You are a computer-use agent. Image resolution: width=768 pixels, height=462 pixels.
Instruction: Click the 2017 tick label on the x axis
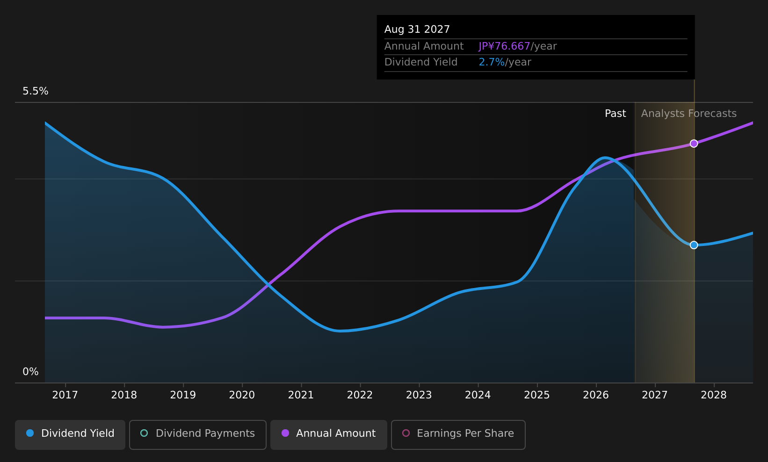pyautogui.click(x=65, y=395)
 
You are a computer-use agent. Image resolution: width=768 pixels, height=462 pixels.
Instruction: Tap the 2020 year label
pyautogui.click(x=242, y=395)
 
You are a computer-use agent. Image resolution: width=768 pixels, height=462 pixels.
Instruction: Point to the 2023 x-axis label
pyautogui.click(x=419, y=395)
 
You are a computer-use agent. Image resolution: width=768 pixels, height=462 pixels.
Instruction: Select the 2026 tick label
pyautogui.click(x=596, y=395)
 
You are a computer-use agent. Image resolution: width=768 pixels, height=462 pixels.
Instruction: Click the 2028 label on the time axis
pyautogui.click(x=714, y=395)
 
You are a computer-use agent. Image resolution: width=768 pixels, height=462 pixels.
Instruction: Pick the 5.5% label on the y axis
pyautogui.click(x=36, y=91)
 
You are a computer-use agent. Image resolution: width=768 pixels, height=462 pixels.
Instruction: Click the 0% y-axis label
pyautogui.click(x=30, y=372)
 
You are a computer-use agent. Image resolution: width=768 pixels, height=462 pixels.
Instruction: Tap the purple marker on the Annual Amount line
pyautogui.click(x=694, y=144)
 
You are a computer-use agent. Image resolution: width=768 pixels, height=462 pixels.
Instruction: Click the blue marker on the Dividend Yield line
pyautogui.click(x=694, y=245)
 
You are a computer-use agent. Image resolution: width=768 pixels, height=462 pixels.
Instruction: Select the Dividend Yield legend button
pyautogui.click(x=70, y=434)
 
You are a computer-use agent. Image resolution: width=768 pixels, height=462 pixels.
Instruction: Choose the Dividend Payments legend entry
pyautogui.click(x=198, y=434)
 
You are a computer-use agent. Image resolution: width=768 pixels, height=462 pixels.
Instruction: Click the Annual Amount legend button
pyautogui.click(x=329, y=434)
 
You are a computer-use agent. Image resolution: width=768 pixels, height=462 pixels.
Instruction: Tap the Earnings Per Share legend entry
pyautogui.click(x=458, y=434)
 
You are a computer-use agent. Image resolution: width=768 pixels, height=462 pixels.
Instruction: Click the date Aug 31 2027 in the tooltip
pyautogui.click(x=417, y=29)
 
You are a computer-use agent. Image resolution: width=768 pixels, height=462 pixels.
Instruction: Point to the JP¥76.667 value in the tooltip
pyautogui.click(x=504, y=46)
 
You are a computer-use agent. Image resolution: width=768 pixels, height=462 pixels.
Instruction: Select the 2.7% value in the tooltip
pyautogui.click(x=492, y=62)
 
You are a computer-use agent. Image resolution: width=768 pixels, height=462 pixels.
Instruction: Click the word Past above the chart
pyautogui.click(x=615, y=114)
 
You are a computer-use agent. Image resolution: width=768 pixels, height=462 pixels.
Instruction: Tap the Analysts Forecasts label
pyautogui.click(x=689, y=114)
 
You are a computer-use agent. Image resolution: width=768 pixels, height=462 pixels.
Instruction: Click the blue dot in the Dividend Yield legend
pyautogui.click(x=30, y=433)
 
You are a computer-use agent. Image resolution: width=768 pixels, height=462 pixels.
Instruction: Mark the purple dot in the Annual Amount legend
pyautogui.click(x=285, y=433)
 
